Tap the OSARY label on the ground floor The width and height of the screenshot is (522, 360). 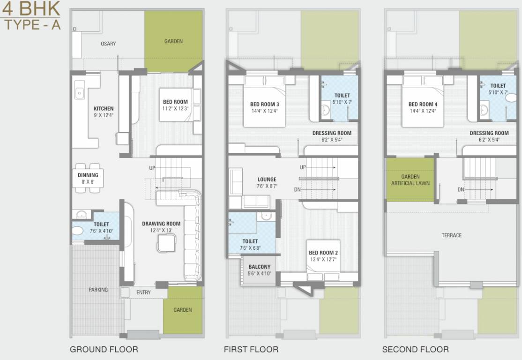(x=108, y=44)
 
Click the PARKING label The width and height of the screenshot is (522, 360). (x=98, y=290)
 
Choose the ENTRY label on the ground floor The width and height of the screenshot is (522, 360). (x=143, y=292)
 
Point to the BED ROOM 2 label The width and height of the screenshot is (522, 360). (x=323, y=256)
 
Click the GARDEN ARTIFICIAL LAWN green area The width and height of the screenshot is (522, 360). (x=410, y=180)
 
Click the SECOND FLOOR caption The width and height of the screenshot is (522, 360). (x=415, y=349)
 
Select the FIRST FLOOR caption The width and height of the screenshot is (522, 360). (x=251, y=349)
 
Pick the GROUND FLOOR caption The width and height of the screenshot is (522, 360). (x=104, y=349)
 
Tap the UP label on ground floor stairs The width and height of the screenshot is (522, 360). (x=152, y=168)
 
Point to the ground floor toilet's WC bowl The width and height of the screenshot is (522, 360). (x=78, y=231)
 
